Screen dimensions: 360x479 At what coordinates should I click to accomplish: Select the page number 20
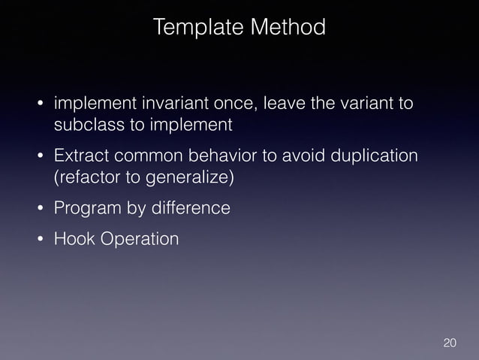[x=450, y=343]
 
